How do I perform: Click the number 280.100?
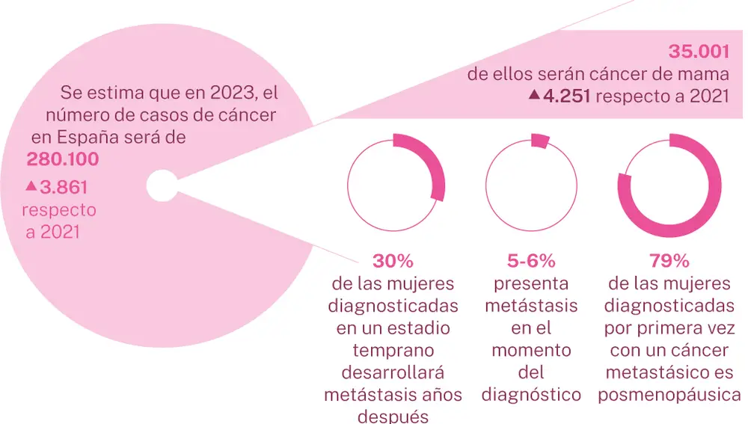(63, 160)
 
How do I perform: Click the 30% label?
(393, 262)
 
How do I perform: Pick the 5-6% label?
(531, 262)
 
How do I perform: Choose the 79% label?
(669, 262)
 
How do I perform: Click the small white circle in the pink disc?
(161, 185)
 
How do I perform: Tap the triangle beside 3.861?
(31, 185)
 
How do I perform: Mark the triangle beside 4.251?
(534, 95)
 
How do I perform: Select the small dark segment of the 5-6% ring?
(539, 141)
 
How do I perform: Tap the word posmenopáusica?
(669, 394)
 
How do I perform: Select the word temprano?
(393, 350)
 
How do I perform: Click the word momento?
(531, 350)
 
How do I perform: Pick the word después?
(393, 416)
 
